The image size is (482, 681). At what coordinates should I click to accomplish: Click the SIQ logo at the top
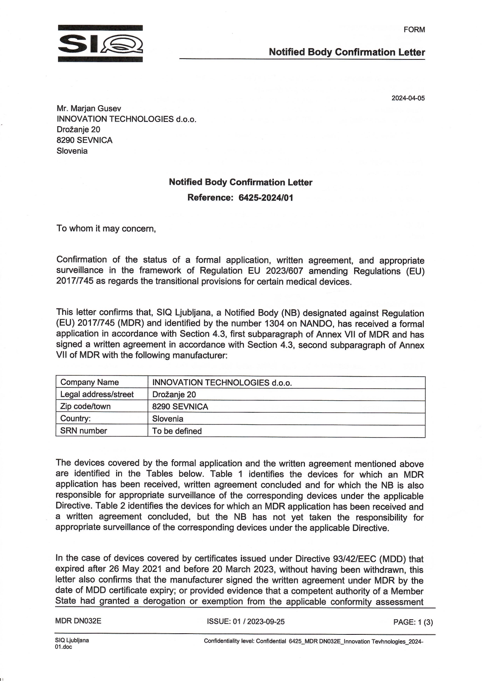point(100,43)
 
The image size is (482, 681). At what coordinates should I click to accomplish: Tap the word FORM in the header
point(414,30)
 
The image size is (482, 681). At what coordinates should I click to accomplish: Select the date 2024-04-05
point(408,98)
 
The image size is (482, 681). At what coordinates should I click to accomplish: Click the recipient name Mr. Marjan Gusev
point(89,109)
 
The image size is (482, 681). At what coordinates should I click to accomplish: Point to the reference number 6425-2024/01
point(266,198)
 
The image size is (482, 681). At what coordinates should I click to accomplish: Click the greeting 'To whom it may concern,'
point(106,228)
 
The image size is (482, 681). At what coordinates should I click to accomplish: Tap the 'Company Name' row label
point(90,382)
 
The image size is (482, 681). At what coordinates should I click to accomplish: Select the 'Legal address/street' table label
point(97,394)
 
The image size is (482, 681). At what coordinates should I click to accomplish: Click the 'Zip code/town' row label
point(85,407)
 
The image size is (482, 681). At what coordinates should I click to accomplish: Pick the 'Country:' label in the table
point(75,419)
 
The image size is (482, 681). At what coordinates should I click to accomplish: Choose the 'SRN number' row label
point(84,431)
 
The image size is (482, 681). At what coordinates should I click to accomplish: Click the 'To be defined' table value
point(177,431)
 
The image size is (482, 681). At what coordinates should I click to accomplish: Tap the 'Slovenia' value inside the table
point(167,419)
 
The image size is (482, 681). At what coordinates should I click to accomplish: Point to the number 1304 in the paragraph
point(275,324)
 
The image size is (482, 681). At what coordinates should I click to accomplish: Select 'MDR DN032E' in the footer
point(78,621)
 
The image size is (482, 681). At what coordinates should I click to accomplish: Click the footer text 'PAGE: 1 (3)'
point(413,622)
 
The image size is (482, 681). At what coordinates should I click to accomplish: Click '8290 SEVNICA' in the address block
point(85,140)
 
